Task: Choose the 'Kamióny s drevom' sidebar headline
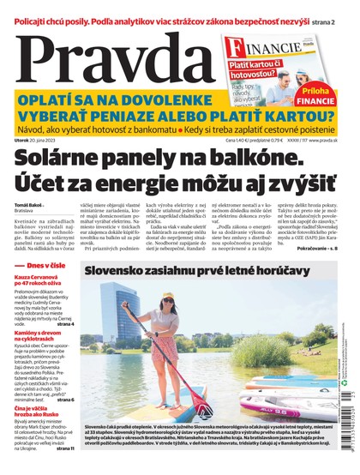41,335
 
